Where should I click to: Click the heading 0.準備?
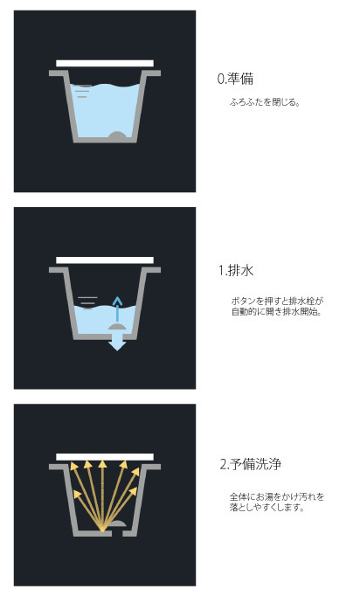coord(235,79)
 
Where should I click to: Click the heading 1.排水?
coord(236,270)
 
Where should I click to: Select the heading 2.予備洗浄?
coord(251,464)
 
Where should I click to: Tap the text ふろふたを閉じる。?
coord(265,102)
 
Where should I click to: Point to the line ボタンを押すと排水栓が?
coord(277,301)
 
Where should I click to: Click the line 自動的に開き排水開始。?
coord(277,312)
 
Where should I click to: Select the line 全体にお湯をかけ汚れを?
coord(277,496)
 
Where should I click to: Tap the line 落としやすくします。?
coord(267,507)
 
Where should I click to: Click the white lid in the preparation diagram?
coord(105,64)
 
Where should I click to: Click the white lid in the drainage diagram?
coord(105,260)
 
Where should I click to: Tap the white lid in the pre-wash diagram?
coord(105,457)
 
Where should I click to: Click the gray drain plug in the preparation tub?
coord(117,135)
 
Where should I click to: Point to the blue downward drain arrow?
coord(117,342)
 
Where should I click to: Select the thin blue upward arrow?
coord(117,309)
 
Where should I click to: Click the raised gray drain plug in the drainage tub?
coord(117,327)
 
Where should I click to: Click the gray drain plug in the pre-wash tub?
coord(117,523)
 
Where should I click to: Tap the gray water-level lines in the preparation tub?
coord(83,91)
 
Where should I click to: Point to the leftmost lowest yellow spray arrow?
coord(88,510)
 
